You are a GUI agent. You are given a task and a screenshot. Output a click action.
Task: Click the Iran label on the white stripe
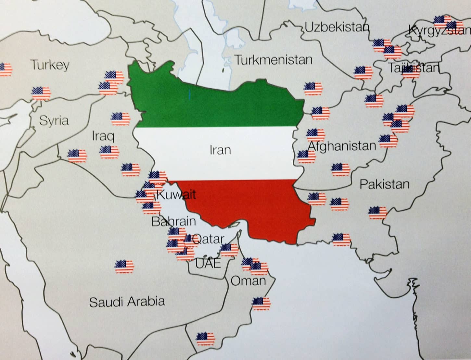coord(220,150)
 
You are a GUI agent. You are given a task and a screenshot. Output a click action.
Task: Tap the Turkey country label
coord(50,65)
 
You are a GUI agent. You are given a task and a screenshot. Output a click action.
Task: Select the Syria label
coord(54,121)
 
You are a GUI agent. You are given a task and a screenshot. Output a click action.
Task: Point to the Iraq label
coord(103,136)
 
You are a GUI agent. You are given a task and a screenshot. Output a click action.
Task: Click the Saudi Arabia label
coord(127,302)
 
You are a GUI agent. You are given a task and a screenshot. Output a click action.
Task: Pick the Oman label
coord(248,281)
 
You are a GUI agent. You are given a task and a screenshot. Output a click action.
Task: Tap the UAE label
coord(208,263)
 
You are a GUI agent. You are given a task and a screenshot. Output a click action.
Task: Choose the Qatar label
coord(208,239)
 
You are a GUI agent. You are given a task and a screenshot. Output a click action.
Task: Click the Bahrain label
coord(174,221)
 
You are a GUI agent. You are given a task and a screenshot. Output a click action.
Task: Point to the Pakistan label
coord(384,184)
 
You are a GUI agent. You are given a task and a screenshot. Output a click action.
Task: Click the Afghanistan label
coord(342,146)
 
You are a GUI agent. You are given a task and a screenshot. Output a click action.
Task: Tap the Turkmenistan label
coord(274,60)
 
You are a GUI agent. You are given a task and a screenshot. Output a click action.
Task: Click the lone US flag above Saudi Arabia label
coord(124,267)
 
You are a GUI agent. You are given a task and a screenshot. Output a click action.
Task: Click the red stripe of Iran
coord(247,208)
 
